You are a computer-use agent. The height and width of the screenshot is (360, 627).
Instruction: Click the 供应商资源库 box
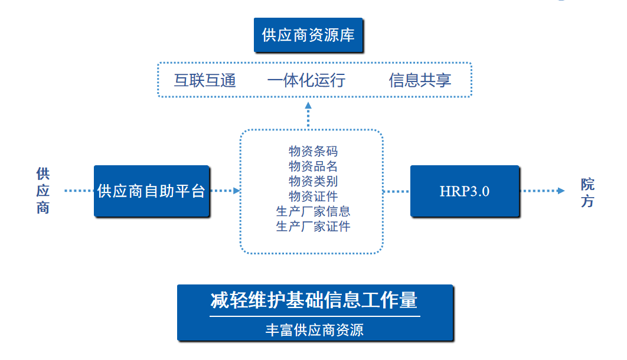[308, 35]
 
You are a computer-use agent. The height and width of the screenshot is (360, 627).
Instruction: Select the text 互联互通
[205, 80]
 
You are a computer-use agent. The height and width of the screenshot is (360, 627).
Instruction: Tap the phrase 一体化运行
[306, 80]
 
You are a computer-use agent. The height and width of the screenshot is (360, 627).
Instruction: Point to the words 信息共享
[420, 80]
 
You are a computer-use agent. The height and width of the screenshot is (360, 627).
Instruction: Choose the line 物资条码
[313, 152]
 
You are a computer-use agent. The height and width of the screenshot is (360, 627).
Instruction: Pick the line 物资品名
[313, 166]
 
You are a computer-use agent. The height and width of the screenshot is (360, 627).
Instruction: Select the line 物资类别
[313, 181]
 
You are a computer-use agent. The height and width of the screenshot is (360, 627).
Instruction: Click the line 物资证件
[313, 196]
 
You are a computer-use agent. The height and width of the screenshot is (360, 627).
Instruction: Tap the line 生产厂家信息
[313, 211]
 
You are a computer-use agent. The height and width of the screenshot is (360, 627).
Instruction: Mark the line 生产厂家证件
[313, 225]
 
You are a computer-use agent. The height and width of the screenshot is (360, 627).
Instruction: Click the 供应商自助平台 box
[152, 191]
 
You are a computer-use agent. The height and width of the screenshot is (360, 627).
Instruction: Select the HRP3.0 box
[465, 191]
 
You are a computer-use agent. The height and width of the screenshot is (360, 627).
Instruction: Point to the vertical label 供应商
[43, 191]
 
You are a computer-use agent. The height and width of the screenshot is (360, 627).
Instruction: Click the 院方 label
[587, 192]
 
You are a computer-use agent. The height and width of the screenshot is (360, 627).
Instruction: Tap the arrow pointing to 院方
[560, 191]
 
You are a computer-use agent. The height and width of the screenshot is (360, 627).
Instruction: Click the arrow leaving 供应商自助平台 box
[236, 191]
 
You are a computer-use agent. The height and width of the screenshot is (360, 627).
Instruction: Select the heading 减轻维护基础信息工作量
[314, 300]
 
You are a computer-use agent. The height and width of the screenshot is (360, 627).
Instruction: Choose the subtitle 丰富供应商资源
[314, 329]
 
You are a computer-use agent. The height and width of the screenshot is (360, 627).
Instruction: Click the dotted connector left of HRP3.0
[396, 191]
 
